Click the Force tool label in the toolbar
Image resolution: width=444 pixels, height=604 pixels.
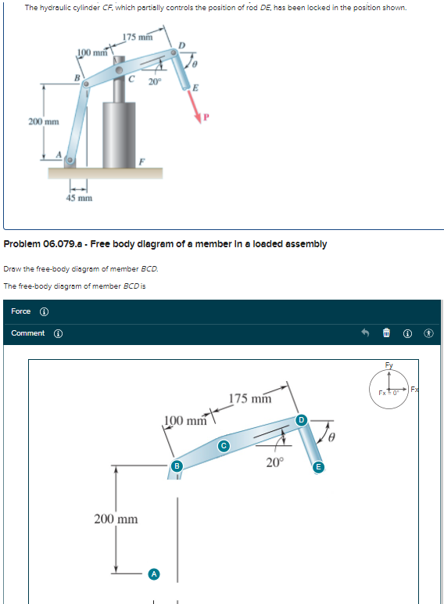[x=21, y=311]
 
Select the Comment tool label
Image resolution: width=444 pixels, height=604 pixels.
[x=28, y=333]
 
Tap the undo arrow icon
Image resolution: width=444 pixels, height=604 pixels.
[x=363, y=334]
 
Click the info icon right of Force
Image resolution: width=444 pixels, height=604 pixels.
[x=44, y=311]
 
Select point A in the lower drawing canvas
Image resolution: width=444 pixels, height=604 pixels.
[x=154, y=573]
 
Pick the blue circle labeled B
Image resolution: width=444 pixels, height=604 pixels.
[x=177, y=466]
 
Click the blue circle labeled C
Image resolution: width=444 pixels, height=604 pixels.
[x=223, y=446]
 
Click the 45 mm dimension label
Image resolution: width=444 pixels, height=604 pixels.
[x=78, y=198]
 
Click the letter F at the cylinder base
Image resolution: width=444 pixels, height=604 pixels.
[x=141, y=160]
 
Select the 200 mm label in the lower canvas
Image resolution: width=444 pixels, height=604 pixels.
[x=116, y=519]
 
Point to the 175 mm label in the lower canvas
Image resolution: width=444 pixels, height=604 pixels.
[x=250, y=398]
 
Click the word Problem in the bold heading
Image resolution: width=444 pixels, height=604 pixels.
[x=25, y=243]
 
